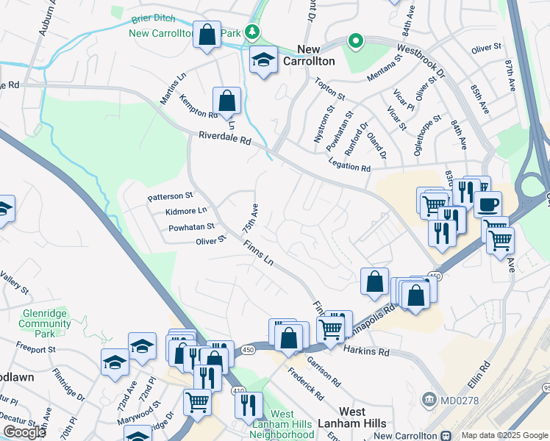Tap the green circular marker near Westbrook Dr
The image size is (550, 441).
click(x=356, y=41)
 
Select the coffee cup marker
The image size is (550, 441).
click(x=488, y=204)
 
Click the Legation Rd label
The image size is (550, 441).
click(x=349, y=167)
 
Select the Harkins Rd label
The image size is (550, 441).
click(x=365, y=352)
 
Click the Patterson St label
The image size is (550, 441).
click(x=170, y=196)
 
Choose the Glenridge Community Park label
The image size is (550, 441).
click(x=44, y=323)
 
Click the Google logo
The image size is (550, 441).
click(x=25, y=432)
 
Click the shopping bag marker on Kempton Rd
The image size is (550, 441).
click(x=227, y=101)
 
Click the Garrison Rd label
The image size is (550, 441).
click(x=324, y=373)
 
